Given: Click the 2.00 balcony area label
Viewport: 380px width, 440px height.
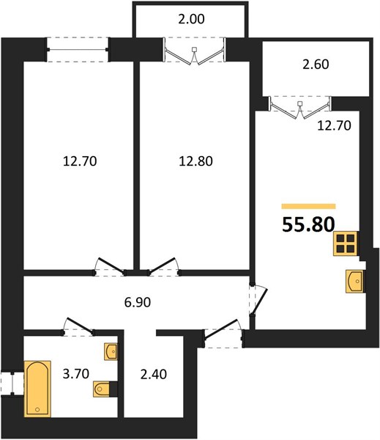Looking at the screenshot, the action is [191, 19].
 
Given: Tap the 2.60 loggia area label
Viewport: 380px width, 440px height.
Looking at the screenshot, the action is [316, 65].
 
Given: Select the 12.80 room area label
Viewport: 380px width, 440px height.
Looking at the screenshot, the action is [195, 161].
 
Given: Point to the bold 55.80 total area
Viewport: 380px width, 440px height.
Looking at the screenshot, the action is [308, 225].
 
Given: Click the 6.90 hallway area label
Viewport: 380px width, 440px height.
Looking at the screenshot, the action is [138, 302].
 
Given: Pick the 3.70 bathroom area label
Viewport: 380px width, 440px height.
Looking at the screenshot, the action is [75, 373].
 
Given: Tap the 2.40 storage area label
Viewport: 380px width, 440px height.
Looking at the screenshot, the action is [153, 374].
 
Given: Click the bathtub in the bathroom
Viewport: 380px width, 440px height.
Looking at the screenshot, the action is [37, 389].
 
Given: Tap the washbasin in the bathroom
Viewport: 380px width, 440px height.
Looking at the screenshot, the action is [111, 351].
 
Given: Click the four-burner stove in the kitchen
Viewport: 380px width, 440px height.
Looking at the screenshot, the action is [346, 243].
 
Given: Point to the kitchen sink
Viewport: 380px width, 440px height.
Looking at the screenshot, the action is [354, 282].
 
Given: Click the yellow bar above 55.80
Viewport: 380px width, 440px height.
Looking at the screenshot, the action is [308, 207].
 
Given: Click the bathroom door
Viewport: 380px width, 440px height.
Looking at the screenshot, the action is [78, 327].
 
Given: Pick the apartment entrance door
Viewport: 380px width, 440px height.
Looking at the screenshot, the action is [223, 334].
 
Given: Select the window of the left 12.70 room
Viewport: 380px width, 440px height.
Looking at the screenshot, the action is [78, 50].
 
